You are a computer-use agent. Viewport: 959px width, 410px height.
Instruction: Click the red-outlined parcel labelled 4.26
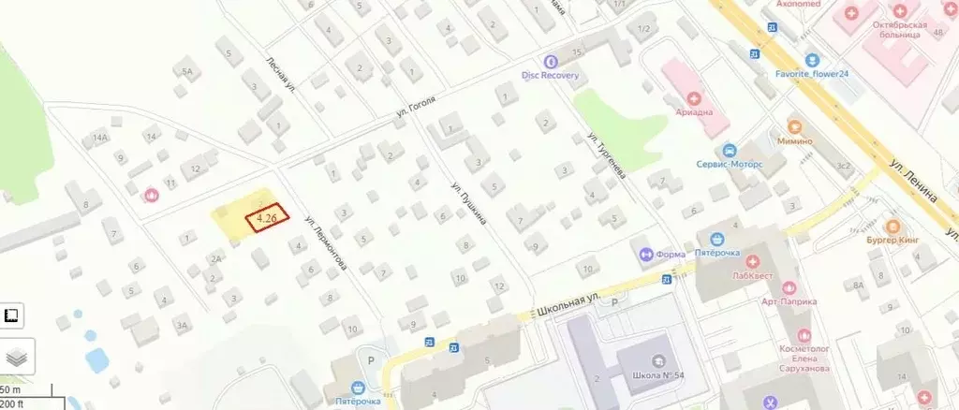267,219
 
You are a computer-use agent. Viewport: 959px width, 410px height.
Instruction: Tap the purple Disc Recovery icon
551,61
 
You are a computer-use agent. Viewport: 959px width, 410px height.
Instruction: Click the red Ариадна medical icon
694,97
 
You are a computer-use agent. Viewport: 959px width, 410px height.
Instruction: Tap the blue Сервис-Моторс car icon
728,150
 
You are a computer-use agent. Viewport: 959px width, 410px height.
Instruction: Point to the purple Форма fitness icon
645,253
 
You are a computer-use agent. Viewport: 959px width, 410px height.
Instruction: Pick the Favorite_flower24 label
811,73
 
